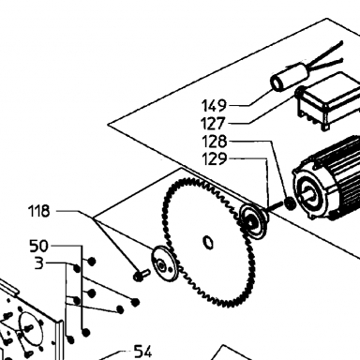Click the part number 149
click(214, 106)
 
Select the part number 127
click(214, 124)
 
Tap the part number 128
click(215, 142)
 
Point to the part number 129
click(215, 159)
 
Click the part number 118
click(39, 211)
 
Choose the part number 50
click(39, 246)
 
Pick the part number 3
click(39, 263)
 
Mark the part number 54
click(142, 352)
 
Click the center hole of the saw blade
click(208, 243)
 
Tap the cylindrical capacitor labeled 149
click(290, 77)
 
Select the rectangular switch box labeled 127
click(329, 100)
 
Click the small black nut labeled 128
click(291, 203)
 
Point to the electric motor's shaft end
click(307, 193)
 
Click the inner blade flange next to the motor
click(253, 221)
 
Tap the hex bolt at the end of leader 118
click(142, 275)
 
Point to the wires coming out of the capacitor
click(325, 58)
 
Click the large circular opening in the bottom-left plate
click(30, 328)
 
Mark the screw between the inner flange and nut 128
click(275, 206)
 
